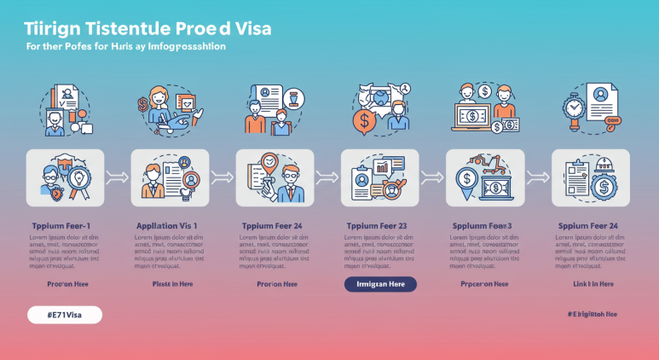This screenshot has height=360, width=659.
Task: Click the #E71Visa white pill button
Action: pos(64,315)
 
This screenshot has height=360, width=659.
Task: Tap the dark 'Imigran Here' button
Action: pos(380,284)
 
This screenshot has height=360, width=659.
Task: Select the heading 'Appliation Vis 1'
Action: pos(166,225)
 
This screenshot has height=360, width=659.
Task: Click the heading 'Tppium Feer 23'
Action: pos(377,225)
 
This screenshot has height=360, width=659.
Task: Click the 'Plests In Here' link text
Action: pos(172,284)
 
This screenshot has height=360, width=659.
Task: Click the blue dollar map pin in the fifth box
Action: pos(466,182)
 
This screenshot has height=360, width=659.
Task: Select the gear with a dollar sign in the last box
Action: pos(604,187)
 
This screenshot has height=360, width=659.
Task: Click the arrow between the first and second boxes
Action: pos(117,177)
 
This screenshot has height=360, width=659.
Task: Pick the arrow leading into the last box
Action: pos(537,177)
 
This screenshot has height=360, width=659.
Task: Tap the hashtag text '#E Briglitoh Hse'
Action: pos(592,315)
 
